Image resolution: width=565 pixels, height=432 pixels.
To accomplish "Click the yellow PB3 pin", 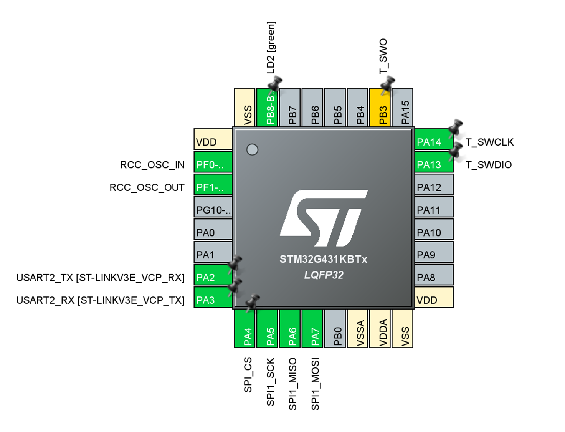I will point(380,108).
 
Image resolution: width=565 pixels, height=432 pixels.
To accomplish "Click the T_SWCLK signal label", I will point(489,142).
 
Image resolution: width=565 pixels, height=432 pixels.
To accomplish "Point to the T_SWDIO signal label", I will point(488,165).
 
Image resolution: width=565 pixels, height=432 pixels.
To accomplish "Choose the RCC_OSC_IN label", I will point(152,165).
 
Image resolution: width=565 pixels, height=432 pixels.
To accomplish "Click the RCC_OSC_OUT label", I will point(147,187).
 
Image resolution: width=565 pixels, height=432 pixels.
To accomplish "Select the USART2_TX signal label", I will point(100,278).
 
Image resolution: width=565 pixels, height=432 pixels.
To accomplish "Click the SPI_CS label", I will point(248,375).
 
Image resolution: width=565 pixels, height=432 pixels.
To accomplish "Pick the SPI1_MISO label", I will point(293,384).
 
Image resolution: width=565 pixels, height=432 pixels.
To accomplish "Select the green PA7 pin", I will point(312,329).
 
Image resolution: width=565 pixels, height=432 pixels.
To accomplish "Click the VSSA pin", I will point(358,329).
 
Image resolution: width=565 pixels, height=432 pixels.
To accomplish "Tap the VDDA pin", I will point(380,329).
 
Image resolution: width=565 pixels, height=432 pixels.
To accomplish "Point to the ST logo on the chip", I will point(323,218).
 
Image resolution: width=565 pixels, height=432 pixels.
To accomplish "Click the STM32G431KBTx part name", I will point(323,259).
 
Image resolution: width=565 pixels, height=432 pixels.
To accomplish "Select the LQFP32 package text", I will point(324,275).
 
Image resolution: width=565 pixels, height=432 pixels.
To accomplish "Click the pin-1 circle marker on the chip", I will point(252,149).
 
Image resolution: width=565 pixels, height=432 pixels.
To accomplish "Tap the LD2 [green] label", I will point(271,47).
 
